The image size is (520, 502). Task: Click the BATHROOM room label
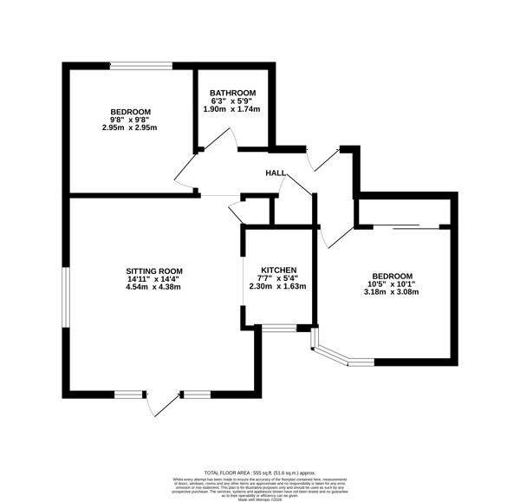click(231, 93)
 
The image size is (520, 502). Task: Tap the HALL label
click(276, 173)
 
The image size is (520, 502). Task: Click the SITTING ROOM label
click(153, 271)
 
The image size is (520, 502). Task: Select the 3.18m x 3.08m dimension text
click(390, 291)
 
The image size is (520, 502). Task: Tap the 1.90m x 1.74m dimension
click(231, 108)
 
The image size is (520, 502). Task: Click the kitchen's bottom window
click(278, 328)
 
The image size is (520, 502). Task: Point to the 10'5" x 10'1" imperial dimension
click(390, 283)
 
